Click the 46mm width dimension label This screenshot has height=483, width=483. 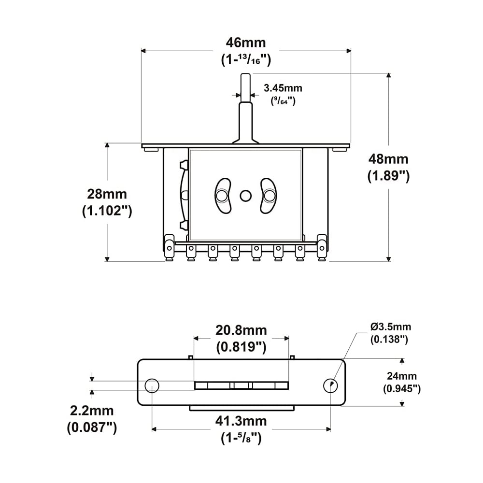(x=245, y=43)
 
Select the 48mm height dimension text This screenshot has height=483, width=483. (x=388, y=159)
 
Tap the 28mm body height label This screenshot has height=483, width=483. (x=107, y=194)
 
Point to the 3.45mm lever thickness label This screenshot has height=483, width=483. (x=283, y=88)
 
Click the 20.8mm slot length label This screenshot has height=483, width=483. (x=241, y=330)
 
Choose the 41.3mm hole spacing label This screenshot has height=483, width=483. (x=241, y=421)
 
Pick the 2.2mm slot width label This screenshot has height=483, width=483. (x=92, y=411)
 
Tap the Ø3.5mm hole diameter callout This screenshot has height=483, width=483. (x=391, y=327)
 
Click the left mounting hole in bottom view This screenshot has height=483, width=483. (x=152, y=385)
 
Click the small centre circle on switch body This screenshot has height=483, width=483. (x=245, y=195)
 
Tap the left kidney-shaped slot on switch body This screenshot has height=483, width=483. (x=222, y=195)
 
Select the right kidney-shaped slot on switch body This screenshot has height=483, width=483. (x=268, y=195)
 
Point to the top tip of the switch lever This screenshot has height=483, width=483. (x=245, y=75)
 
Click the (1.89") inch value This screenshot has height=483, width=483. (x=388, y=176)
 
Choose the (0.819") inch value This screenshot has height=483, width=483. (x=241, y=346)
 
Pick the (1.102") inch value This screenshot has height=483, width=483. (x=107, y=212)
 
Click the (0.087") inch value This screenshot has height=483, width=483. (x=92, y=427)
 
